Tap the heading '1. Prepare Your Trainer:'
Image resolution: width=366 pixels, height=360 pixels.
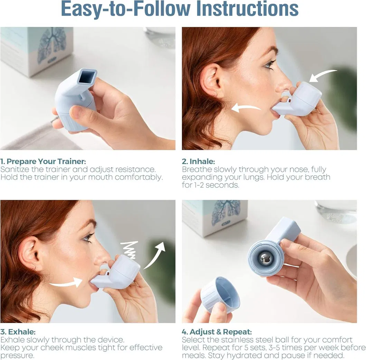(x=43, y=161)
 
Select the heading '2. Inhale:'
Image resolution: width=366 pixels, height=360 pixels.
(x=198, y=161)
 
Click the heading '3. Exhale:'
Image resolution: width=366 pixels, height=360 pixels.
(x=18, y=332)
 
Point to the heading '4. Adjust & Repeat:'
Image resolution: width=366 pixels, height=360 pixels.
(x=217, y=332)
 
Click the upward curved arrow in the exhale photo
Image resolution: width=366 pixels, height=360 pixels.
(x=154, y=255)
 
